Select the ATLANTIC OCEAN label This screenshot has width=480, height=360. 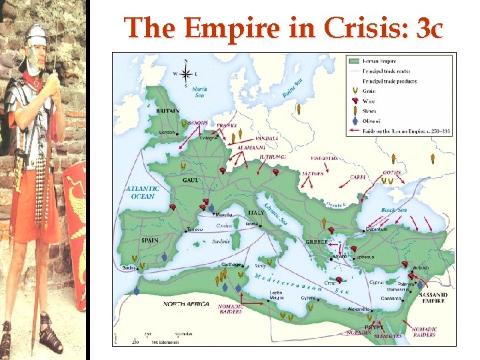coord(141,192)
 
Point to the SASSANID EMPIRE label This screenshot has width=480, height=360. coord(433,297)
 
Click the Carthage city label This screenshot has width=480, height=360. coord(231,264)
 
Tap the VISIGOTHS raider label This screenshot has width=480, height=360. coord(325,159)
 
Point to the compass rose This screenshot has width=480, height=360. coord(185,72)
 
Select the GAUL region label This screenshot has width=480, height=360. coord(191,180)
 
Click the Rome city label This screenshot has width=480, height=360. coord(251,224)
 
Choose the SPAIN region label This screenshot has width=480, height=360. coord(149,240)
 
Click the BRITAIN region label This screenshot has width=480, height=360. coord(167,111)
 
